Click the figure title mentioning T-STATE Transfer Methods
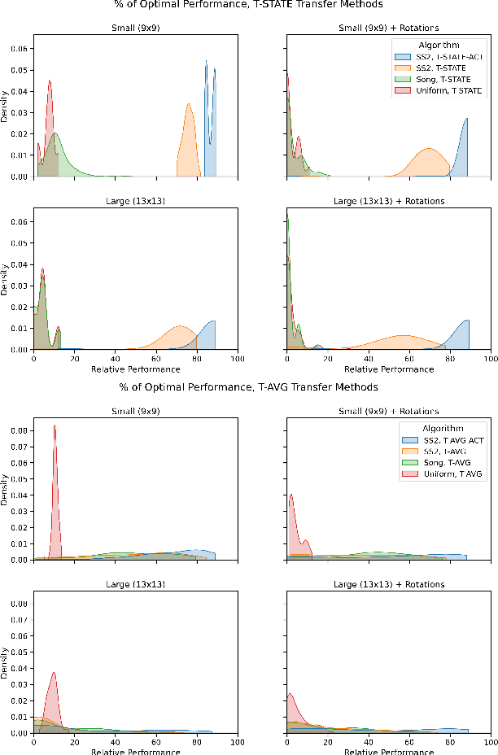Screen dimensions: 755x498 pyautogui.click(x=249, y=5)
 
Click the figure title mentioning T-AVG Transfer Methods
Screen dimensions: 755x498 pyautogui.click(x=249, y=386)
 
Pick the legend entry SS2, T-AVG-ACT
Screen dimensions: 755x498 pyautogui.click(x=452, y=440)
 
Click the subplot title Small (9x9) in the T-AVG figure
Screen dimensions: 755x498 pyautogui.click(x=136, y=411)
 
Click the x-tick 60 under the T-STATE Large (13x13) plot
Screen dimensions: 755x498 pyautogui.click(x=155, y=358)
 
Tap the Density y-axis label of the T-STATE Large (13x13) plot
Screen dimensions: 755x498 pyautogui.click(x=6, y=282)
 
